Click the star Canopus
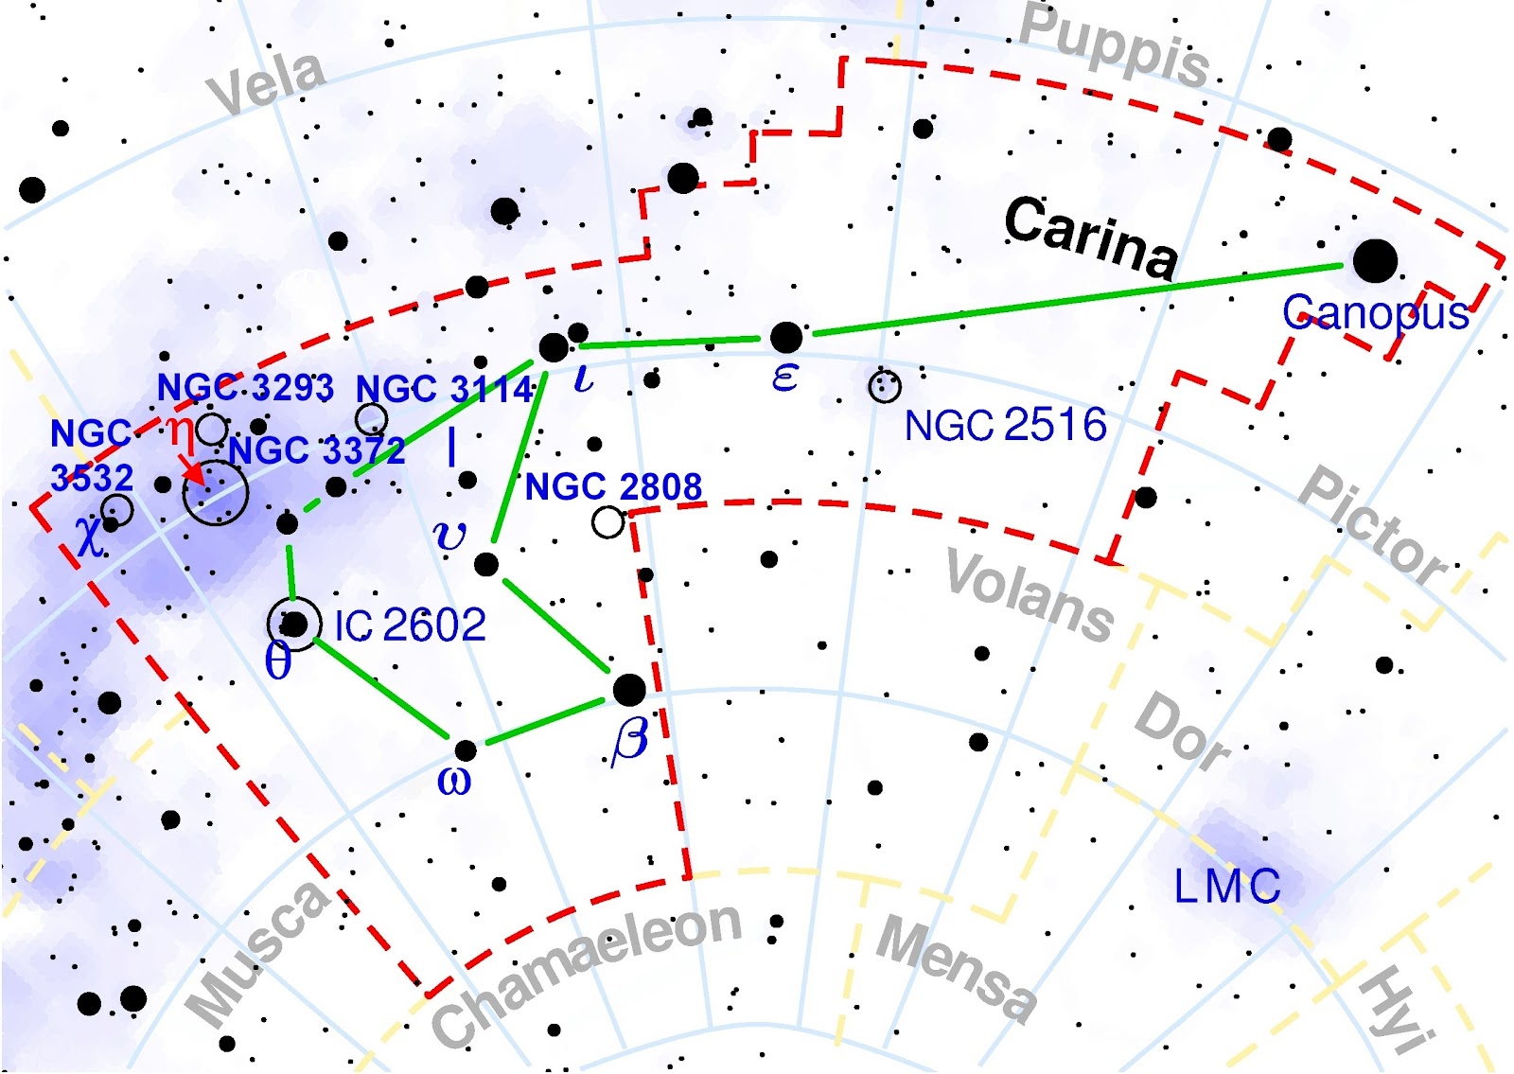pos(1374,260)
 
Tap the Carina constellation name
pos(1091,237)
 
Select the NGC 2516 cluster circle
pos(885,385)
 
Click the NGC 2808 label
pos(613,487)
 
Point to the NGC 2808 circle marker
pos(607,521)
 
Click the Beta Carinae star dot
pos(629,690)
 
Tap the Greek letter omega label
pos(454,782)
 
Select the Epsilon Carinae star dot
pos(785,337)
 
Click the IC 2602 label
pos(411,625)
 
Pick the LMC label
pos(1226,887)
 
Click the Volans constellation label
pos(1030,594)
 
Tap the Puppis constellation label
pos(1115,45)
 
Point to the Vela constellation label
pos(267,83)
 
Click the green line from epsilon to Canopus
pos(1079,299)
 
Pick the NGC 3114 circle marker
pos(371,418)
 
